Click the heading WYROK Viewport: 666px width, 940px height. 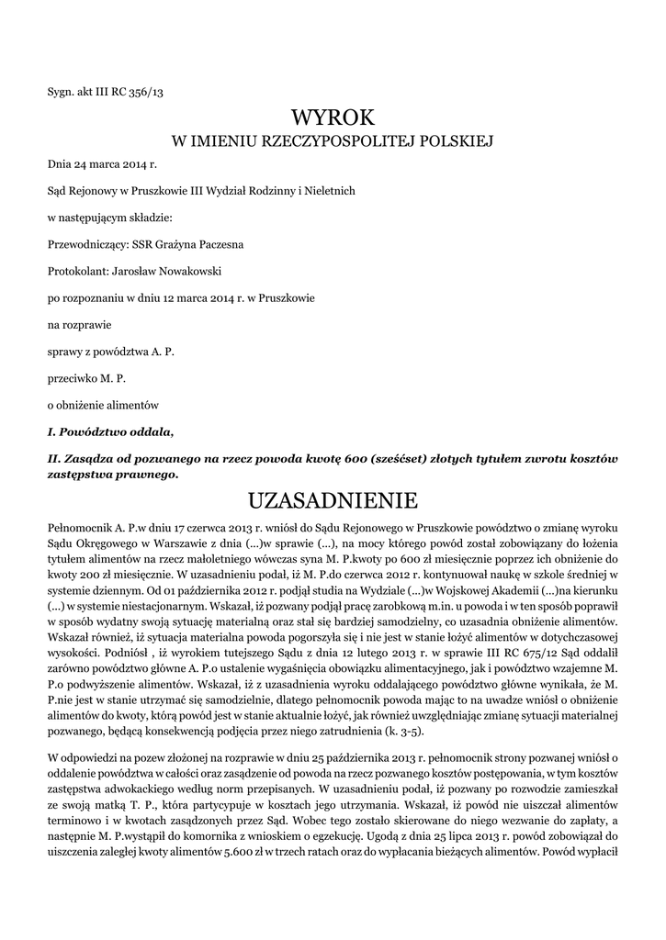[x=333, y=117]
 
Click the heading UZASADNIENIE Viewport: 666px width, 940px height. [x=333, y=500]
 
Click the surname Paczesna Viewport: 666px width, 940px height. [x=219, y=244]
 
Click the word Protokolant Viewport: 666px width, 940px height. [x=76, y=271]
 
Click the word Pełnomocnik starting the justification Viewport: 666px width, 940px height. [x=80, y=530]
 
